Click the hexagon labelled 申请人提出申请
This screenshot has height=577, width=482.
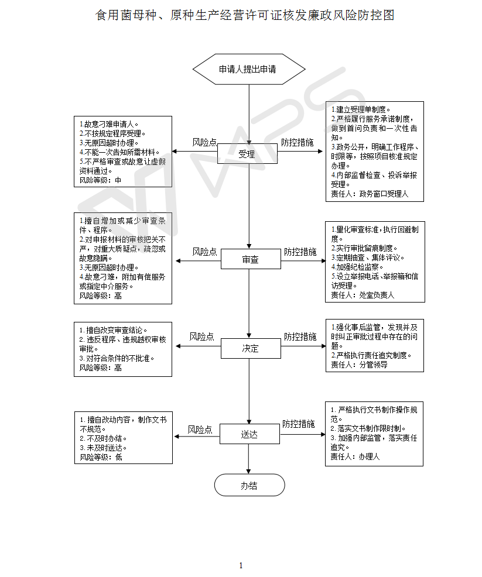[248, 69]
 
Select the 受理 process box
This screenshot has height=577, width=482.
[247, 154]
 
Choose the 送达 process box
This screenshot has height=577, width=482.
[249, 435]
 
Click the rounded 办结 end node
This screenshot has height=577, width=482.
[249, 485]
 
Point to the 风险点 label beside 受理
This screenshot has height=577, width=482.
[205, 142]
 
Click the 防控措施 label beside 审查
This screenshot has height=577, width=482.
[300, 252]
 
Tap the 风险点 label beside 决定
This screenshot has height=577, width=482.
[201, 337]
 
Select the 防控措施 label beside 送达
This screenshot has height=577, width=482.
[298, 424]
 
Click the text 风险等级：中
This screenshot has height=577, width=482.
[100, 180]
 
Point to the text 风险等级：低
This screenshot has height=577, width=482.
[101, 457]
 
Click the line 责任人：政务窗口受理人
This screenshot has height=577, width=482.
[370, 194]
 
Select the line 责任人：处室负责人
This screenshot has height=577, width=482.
[363, 296]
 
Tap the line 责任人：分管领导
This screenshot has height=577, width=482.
[359, 365]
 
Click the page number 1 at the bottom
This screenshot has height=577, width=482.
[241, 565]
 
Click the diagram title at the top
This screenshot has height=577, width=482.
[245, 15]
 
